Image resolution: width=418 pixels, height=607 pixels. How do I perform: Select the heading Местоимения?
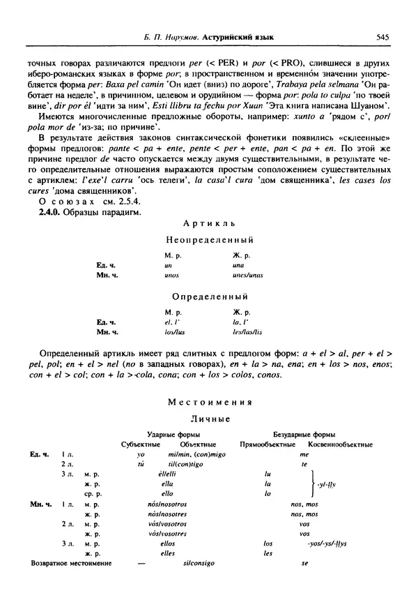click(209, 403)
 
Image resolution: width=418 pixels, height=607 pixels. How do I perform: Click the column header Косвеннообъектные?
click(339, 444)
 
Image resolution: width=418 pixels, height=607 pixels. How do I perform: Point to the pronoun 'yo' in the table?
click(141, 454)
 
